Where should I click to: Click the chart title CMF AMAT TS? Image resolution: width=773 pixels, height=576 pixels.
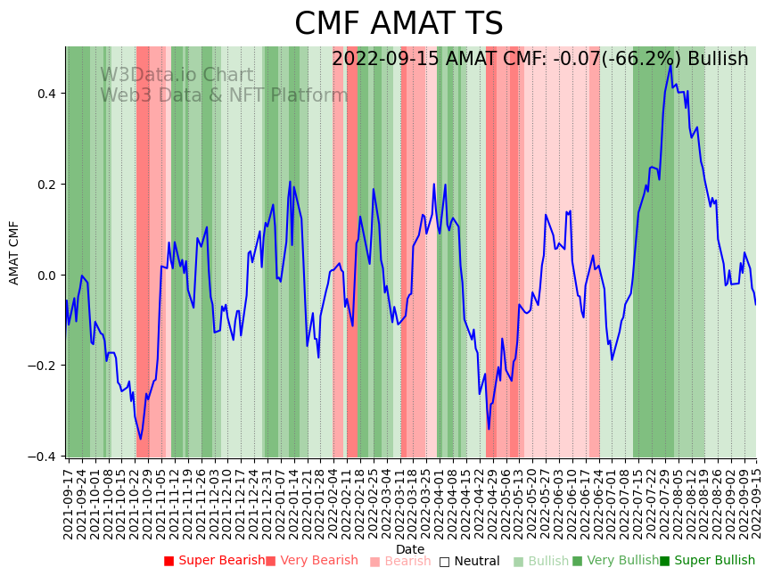tap(399, 24)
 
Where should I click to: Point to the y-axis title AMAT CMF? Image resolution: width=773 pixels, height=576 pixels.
tap(14, 252)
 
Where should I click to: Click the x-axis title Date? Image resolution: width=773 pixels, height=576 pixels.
tap(410, 549)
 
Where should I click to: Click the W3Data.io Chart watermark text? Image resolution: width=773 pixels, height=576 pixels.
tap(177, 75)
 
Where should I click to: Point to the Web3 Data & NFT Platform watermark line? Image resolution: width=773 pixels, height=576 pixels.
tap(224, 95)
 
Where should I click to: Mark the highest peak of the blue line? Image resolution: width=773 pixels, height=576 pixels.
tap(670, 64)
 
